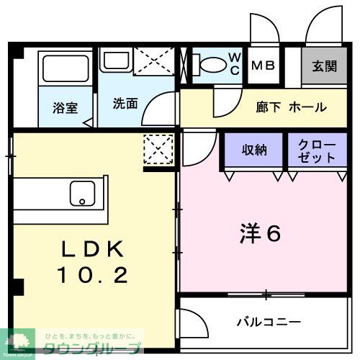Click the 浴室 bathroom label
(x=65, y=108)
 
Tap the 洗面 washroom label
(x=125, y=102)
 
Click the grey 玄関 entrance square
(x=324, y=66)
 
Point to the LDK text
(x=93, y=249)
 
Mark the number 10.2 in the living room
(x=93, y=274)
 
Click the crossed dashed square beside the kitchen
(x=158, y=150)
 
